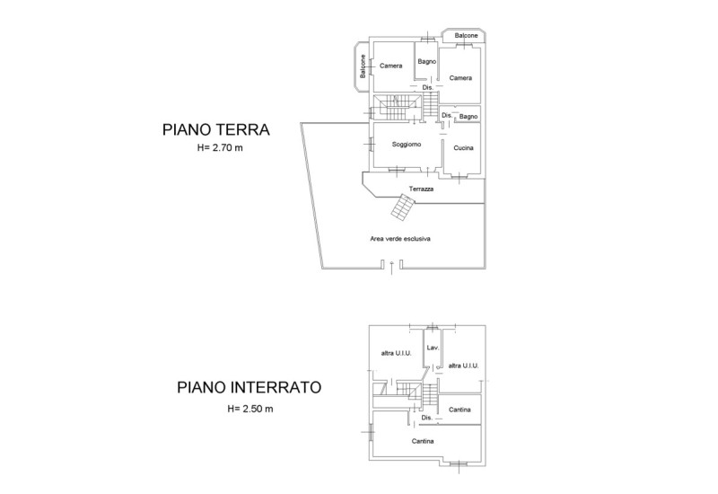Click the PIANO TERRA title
pos(216,129)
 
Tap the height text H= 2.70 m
pos(221,148)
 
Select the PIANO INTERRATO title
pos(249,389)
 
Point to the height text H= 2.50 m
pos(250,409)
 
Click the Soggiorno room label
pos(407,145)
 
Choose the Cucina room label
pos(463,148)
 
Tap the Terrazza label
pos(422,189)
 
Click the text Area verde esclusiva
pos(400,239)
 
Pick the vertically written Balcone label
pos(363,66)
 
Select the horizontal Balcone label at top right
pos(466,35)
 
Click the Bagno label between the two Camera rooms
pos(426,61)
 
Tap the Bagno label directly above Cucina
pos(468,117)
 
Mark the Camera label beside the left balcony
pos(390,66)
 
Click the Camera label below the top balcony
pos(460,77)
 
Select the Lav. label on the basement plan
pos(432,347)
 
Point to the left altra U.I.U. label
pos(396,353)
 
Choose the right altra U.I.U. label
pos(463,366)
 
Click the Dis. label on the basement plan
pos(426,418)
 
